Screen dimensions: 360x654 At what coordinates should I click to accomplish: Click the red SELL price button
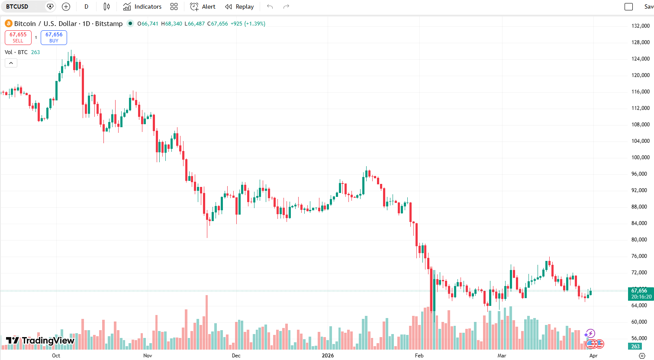tap(18, 37)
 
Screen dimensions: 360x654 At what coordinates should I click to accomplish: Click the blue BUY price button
tap(54, 37)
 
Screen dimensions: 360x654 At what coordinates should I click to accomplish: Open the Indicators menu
tap(142, 6)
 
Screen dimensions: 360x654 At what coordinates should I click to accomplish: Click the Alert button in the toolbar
tap(203, 6)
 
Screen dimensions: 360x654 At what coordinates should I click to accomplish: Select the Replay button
tap(239, 6)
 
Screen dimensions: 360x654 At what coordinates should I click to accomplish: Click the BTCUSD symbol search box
tap(24, 6)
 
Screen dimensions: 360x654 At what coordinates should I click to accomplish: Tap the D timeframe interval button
tap(87, 6)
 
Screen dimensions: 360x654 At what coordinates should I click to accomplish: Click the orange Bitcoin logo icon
tap(8, 23)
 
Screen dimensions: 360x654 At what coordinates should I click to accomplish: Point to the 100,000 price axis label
tap(640, 157)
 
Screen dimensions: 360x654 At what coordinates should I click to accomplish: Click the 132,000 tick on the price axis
tap(640, 26)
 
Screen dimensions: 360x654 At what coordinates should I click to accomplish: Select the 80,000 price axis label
tap(640, 240)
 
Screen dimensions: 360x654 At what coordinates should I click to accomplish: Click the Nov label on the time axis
tap(148, 356)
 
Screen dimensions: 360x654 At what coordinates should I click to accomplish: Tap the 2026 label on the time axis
tap(328, 356)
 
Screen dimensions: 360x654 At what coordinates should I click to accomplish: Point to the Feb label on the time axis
tap(419, 356)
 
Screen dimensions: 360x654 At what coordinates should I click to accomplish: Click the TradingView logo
tap(40, 341)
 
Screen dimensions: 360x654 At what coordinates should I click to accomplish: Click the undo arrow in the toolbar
tap(270, 6)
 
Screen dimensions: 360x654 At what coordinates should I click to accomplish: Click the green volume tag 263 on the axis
tap(635, 346)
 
